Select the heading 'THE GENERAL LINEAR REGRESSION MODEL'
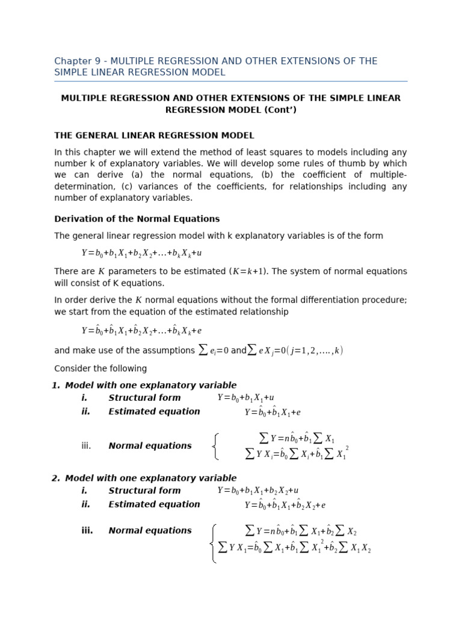coord(154,136)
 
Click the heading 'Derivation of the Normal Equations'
coord(137,219)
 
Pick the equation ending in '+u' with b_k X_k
coord(141,253)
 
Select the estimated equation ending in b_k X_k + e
coord(141,330)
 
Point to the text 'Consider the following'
coord(100,369)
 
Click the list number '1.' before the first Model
coord(56,386)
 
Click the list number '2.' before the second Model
coord(56,478)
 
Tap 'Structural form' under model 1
coord(144,398)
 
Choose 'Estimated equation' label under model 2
coord(154,504)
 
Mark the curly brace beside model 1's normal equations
coord(215,446)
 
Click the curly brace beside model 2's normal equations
coord(214,543)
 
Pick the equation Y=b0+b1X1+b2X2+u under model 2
coord(257,490)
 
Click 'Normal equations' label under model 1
coord(150,446)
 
